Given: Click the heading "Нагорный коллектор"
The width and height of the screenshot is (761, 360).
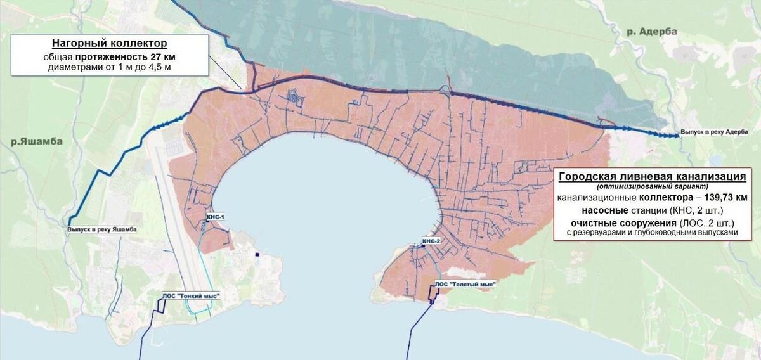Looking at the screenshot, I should coord(110,44).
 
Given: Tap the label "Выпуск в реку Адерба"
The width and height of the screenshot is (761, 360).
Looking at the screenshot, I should coord(715,134).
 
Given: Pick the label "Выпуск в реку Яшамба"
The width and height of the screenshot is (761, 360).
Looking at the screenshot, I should coord(101,230).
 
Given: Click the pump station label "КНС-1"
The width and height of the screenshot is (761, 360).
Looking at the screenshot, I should coord(216,217).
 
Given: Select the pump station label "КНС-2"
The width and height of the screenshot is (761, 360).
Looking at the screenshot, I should coord(431,241).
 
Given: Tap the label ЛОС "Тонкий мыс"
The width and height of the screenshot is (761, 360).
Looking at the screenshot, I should coord(186,295).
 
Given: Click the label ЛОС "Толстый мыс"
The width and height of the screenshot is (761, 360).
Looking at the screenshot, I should coord(465,284).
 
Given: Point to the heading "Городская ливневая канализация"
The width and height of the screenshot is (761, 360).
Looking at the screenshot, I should coord(654,176).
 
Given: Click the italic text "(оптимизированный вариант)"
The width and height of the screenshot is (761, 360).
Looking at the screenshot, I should coord(654,187).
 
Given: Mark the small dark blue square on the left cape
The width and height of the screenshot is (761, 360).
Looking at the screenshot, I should coord(258,255).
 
